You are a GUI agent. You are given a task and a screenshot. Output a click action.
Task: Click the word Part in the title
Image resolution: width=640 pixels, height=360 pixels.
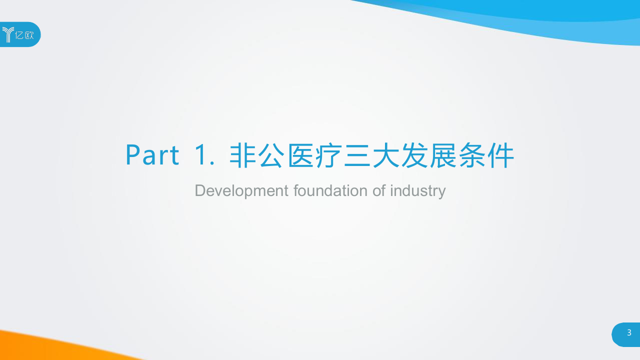(152, 155)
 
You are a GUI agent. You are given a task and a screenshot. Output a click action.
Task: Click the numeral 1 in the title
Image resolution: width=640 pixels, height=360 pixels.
(202, 155)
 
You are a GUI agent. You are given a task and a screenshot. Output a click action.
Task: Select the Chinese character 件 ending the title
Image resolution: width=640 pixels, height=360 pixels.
(501, 155)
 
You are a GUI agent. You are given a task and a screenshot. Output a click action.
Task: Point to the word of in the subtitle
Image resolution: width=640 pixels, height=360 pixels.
(378, 190)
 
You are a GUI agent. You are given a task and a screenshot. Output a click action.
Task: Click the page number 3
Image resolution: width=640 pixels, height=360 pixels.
(629, 333)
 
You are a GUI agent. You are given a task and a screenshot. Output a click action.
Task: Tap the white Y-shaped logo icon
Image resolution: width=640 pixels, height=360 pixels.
(8, 34)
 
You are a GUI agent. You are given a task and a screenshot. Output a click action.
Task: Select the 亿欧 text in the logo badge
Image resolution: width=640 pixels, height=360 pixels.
(25, 35)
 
